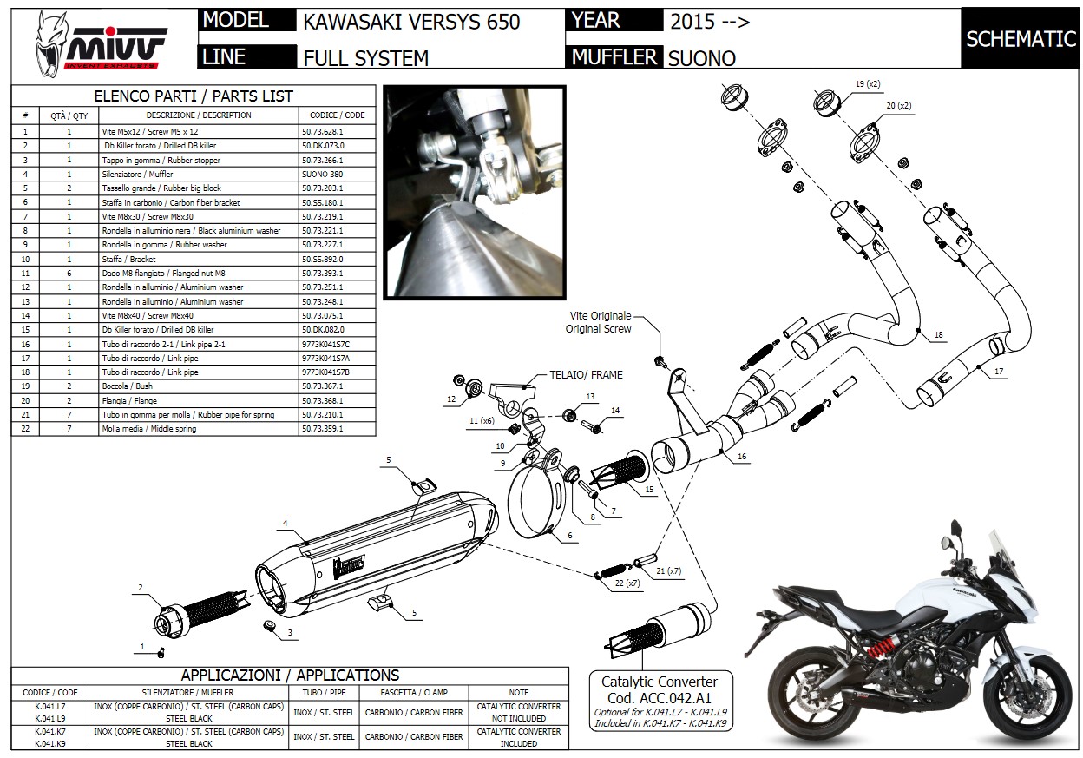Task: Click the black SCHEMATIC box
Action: pos(1021,39)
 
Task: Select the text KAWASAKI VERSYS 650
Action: pos(411,21)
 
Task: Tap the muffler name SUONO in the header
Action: pos(702,58)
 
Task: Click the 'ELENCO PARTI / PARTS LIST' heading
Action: pos(193,96)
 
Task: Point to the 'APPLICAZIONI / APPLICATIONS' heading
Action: pos(290,675)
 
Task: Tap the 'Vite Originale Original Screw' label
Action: pos(599,322)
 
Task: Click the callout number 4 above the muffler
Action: pos(285,524)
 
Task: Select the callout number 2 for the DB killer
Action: pos(140,588)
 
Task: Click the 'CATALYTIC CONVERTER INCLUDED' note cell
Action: pos(519,737)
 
